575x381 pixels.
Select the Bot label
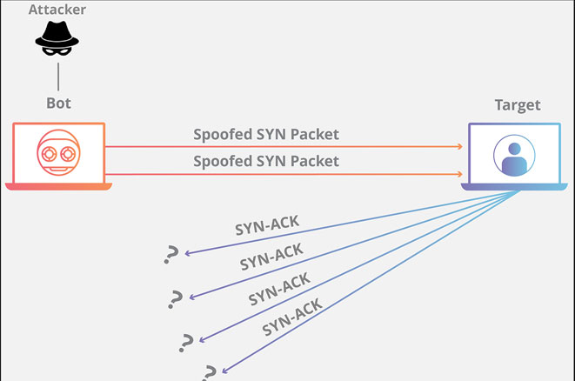[58, 104]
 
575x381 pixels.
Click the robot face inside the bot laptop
[58, 153]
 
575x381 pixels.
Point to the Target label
[517, 105]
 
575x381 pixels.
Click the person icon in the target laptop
[513, 155]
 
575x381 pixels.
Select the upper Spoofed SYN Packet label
[266, 134]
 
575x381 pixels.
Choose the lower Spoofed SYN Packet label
[266, 161]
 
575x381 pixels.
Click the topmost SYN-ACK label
[267, 225]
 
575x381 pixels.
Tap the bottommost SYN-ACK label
[292, 317]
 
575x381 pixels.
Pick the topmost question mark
[171, 254]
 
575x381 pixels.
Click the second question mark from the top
[177, 298]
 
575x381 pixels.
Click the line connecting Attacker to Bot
[58, 76]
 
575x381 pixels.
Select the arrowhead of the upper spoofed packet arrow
[459, 147]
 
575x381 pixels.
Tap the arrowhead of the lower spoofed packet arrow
[459, 174]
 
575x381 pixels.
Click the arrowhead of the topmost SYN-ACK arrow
[187, 254]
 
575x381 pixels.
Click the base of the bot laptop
[58, 186]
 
